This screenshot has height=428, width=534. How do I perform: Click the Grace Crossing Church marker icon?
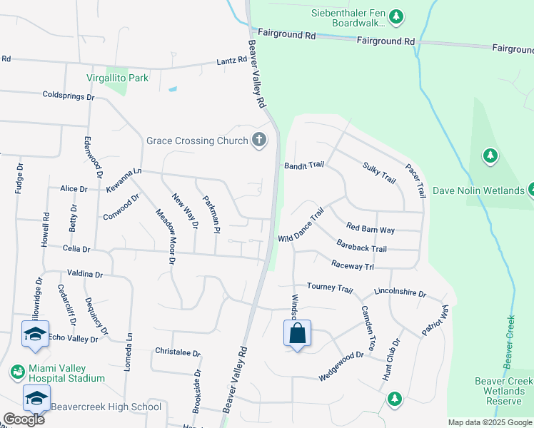point(258,141)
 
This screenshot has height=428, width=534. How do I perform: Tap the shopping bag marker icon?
point(297,334)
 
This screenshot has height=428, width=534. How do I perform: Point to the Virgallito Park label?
point(118,78)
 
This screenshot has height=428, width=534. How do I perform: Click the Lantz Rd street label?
point(231,63)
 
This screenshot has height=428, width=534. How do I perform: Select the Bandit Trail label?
point(304,165)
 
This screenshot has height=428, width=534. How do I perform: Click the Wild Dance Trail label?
point(301,225)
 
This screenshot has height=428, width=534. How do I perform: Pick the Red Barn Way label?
point(370,229)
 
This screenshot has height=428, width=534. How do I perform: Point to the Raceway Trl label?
point(353,265)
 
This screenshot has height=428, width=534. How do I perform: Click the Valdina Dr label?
point(85,273)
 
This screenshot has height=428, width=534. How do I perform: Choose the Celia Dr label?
point(76,249)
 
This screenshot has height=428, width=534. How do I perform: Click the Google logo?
point(24,419)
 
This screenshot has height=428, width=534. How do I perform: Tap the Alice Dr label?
point(74,189)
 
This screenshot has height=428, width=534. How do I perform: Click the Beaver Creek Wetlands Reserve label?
point(503,391)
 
